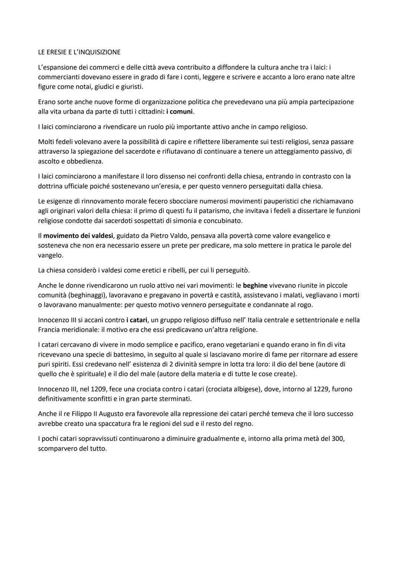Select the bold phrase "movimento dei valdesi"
78,236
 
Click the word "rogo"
305,305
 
